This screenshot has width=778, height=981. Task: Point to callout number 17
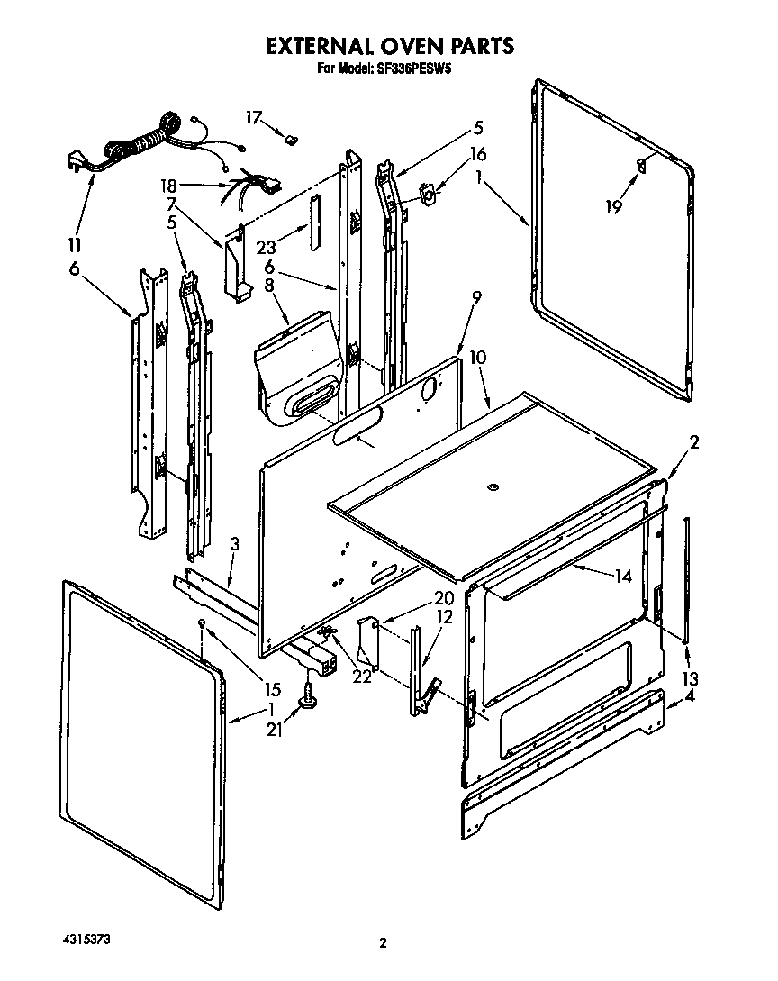point(254,116)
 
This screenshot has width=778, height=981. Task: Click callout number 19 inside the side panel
point(613,206)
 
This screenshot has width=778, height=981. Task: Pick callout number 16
point(477,153)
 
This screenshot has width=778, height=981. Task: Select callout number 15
point(273,691)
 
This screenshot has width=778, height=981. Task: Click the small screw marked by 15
point(204,623)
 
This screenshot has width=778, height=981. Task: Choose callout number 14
point(623,576)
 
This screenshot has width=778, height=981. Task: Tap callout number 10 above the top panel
point(477,358)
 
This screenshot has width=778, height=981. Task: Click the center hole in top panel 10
point(492,487)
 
